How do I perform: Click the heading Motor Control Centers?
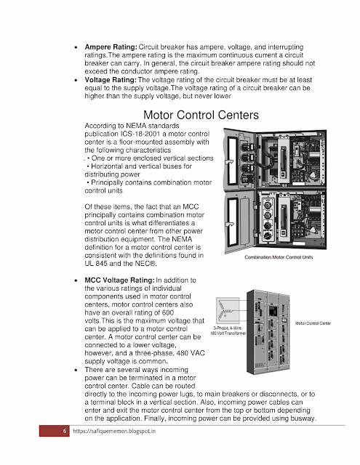tap(201, 115)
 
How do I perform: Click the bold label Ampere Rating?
tap(111, 46)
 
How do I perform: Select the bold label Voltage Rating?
tap(111, 80)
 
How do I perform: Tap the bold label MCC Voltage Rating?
tap(119, 280)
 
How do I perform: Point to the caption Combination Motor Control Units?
tap(279, 257)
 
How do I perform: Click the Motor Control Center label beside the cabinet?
tap(313, 323)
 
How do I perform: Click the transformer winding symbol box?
tap(228, 310)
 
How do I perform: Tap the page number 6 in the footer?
tap(65, 431)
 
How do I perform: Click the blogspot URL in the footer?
tap(114, 431)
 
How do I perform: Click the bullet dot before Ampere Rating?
tap(76, 47)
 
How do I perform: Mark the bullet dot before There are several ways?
tap(76, 370)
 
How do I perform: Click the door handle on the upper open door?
tap(229, 161)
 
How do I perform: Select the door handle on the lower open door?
tap(229, 225)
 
